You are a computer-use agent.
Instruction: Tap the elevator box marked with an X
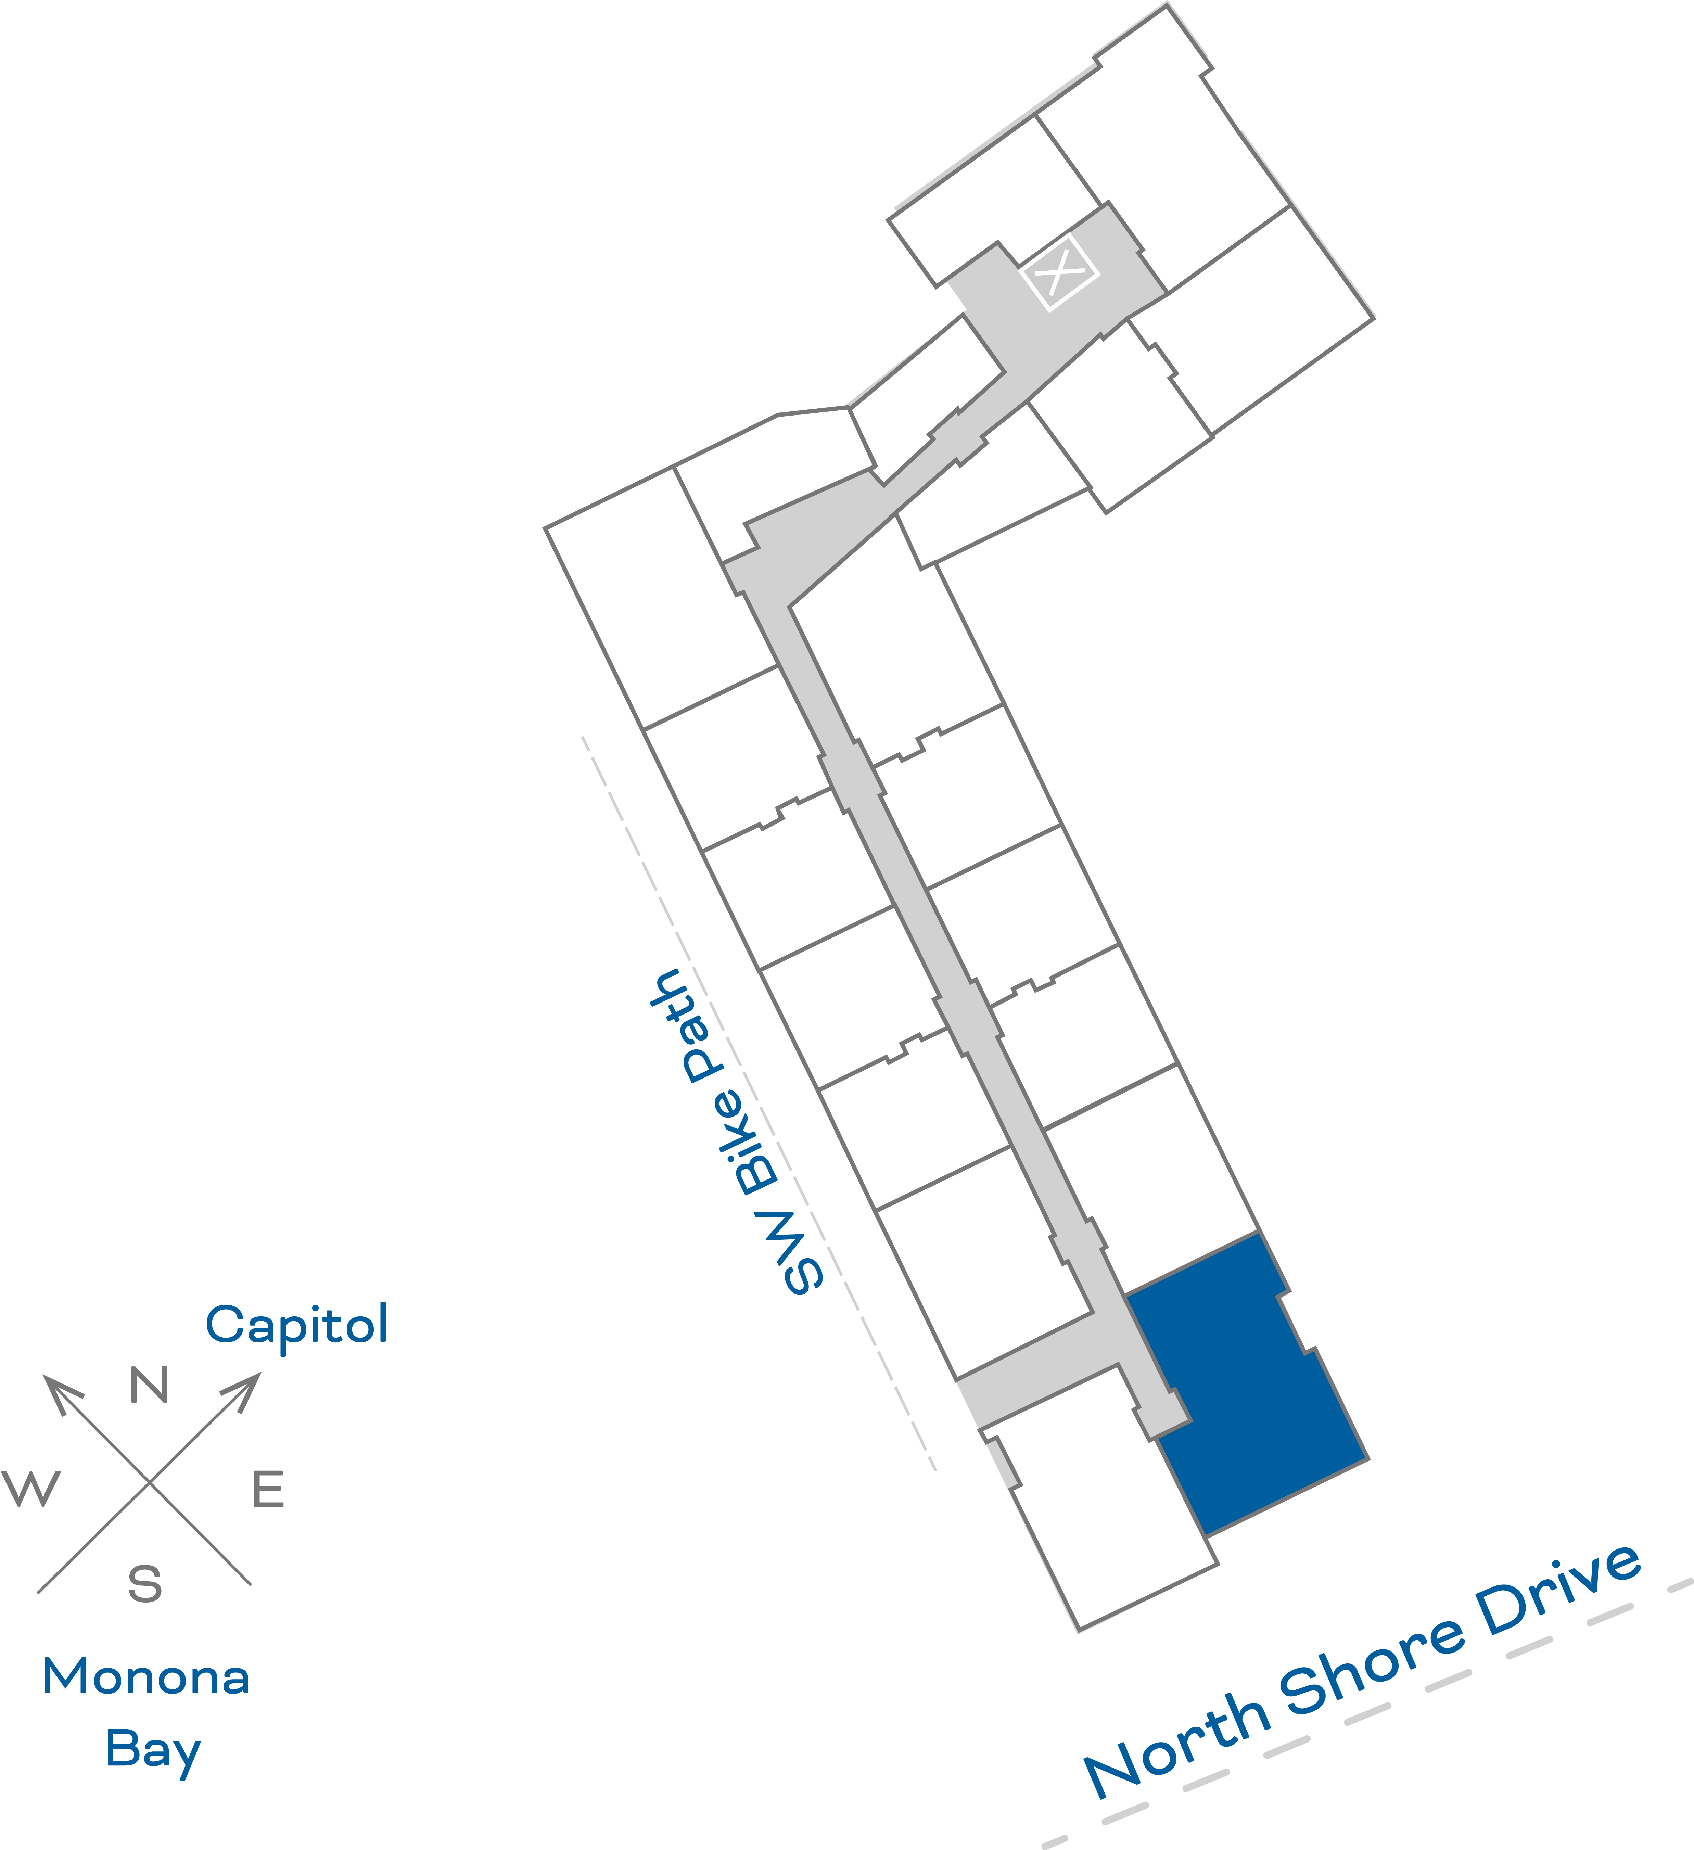coord(1060,272)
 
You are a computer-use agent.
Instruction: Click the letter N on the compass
coord(150,1385)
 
